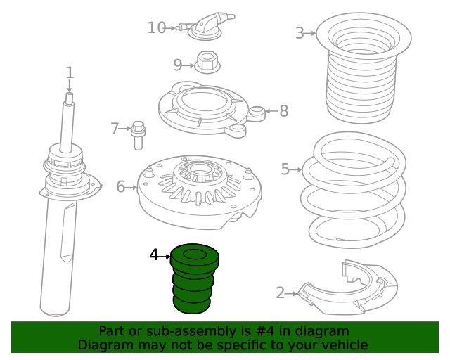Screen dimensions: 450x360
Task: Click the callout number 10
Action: [157, 28]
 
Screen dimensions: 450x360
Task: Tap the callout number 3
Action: [300, 33]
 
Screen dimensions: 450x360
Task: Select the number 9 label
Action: [178, 65]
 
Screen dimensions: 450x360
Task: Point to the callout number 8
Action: [284, 111]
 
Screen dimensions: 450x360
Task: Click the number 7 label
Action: [115, 129]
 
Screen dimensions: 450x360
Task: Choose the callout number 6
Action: [120, 187]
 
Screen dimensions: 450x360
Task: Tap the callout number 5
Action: [285, 169]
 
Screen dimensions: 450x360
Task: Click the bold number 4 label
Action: [154, 255]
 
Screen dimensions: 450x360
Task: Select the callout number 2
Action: [280, 293]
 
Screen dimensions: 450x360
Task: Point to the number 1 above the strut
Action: [70, 72]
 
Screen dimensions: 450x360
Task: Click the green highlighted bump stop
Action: [194, 278]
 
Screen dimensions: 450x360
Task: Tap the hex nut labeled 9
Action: [207, 63]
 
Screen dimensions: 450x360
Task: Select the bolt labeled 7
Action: [138, 136]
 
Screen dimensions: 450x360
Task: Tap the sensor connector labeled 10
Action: [205, 27]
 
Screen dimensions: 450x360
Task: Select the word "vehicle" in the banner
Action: [349, 345]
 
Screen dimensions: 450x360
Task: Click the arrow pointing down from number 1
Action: [69, 86]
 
